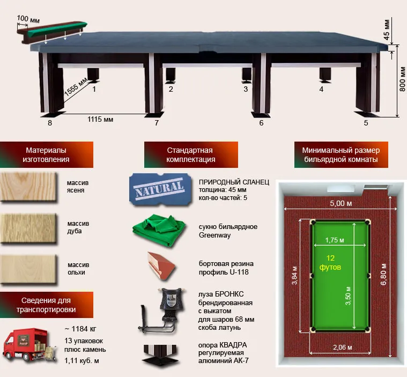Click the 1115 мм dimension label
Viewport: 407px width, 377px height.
(100, 120)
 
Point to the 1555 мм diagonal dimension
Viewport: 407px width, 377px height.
(76, 86)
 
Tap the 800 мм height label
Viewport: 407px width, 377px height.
(402, 79)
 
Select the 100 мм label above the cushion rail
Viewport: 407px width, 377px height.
(28, 19)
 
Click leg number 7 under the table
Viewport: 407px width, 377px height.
(157, 123)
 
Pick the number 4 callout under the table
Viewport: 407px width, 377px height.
(321, 90)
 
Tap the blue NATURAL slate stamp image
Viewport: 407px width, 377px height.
(160, 189)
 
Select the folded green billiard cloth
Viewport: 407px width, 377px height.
(159, 230)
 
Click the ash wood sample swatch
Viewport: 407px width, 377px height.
(28, 187)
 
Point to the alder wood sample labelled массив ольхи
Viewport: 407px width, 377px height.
(28, 269)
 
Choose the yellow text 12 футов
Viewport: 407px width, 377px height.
(330, 262)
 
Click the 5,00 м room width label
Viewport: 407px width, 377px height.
(341, 203)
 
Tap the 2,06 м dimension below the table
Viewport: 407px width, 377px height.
(342, 347)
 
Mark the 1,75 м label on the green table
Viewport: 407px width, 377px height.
(335, 240)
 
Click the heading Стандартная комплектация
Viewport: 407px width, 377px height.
(191, 155)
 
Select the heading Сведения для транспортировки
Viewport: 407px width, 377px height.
(46, 305)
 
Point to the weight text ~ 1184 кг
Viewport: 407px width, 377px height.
(80, 329)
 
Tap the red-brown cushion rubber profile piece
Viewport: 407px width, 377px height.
(161, 266)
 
